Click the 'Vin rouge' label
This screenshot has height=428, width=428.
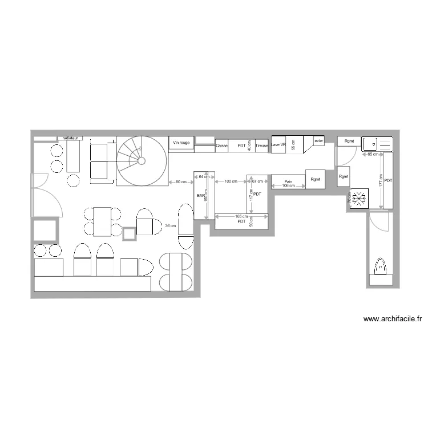181,142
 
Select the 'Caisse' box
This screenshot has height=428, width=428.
221,146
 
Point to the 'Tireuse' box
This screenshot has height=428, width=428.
261,146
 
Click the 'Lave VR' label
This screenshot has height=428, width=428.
278,144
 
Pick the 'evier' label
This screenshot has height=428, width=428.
318,141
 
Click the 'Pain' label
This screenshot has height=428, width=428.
288,181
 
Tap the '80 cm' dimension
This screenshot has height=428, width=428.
181,182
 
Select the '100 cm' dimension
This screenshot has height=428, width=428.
231,181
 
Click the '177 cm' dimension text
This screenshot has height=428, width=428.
381,180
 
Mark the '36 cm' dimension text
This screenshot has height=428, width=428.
170,226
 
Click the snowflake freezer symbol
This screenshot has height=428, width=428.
360,199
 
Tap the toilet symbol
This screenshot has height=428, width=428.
381,267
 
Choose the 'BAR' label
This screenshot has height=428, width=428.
200,196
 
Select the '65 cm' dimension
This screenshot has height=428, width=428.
372,155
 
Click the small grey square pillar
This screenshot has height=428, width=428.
130,233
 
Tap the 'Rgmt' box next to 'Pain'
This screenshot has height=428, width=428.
316,179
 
